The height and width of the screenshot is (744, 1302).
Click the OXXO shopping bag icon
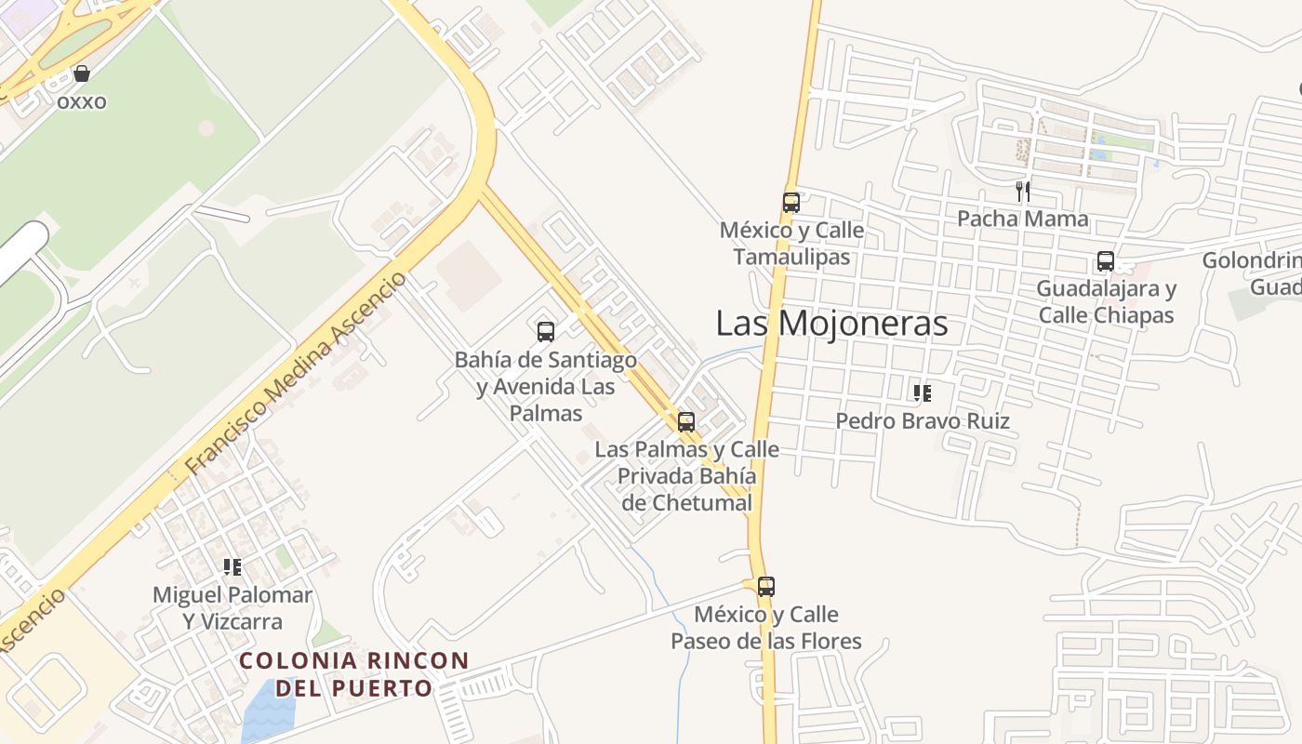[x=82, y=73]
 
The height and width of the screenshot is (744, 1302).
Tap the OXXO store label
[x=82, y=101]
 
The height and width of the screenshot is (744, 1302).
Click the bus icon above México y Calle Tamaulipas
[x=791, y=202]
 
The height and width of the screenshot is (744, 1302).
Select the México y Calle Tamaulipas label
[x=791, y=244]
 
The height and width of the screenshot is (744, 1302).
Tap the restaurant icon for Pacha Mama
[x=1023, y=192]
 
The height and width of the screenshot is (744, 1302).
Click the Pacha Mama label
[x=1023, y=219]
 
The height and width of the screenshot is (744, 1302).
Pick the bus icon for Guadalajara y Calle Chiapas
[x=1105, y=261]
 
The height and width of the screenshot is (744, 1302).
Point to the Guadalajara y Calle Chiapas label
[x=1106, y=302]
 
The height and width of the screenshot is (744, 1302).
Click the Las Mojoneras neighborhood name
[x=831, y=324]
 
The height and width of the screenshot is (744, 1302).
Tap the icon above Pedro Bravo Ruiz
[x=922, y=393]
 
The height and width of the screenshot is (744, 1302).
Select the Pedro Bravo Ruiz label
[x=922, y=421]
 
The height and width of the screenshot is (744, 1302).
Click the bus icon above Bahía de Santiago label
[x=546, y=331]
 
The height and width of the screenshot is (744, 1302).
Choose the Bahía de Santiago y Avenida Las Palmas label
[x=546, y=386]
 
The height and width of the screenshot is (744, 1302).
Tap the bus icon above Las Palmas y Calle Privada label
[x=686, y=421]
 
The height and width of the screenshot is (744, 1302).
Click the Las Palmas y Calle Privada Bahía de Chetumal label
[x=686, y=476]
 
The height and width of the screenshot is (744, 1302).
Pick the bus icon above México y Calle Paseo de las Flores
[x=766, y=587]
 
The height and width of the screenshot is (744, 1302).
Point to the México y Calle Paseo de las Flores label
[x=766, y=628]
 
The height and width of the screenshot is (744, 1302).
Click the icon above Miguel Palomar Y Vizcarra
[x=232, y=567]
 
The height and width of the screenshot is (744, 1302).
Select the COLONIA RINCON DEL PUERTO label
[x=354, y=674]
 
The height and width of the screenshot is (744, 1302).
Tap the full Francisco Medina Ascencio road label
[x=296, y=374]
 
